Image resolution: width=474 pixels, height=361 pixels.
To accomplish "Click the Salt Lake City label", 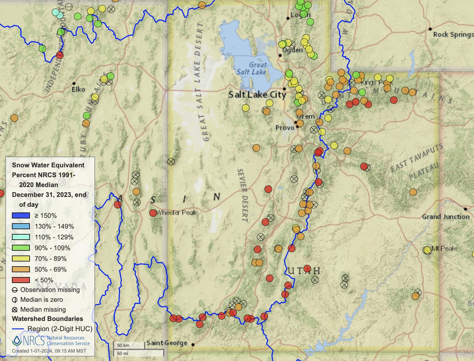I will [257, 95].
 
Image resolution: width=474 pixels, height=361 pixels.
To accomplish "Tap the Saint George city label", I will [167, 343].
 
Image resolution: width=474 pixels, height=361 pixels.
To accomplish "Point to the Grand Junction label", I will [446, 217].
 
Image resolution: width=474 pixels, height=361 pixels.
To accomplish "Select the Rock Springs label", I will [453, 34].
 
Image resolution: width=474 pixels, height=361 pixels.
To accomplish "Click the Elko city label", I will [78, 89].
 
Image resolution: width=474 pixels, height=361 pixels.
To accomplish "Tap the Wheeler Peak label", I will [177, 212].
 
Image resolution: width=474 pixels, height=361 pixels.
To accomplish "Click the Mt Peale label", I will [444, 248].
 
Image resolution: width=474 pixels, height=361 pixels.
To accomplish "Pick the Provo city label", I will [285, 128].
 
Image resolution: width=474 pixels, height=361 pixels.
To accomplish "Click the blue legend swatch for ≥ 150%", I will [21, 215].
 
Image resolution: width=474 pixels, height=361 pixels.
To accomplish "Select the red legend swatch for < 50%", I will [21, 280].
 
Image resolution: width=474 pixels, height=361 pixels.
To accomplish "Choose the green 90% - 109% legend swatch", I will [21, 248].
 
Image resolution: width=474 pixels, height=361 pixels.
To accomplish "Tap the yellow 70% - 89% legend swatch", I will [21, 258].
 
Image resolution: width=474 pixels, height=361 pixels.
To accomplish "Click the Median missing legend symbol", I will [15, 310].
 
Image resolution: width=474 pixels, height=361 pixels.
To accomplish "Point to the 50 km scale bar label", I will [123, 345].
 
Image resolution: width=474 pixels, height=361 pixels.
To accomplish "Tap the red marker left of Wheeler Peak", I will [153, 213].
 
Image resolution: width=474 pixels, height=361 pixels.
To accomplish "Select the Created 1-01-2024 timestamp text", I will [49, 351].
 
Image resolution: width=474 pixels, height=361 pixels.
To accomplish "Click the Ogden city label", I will [293, 50].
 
